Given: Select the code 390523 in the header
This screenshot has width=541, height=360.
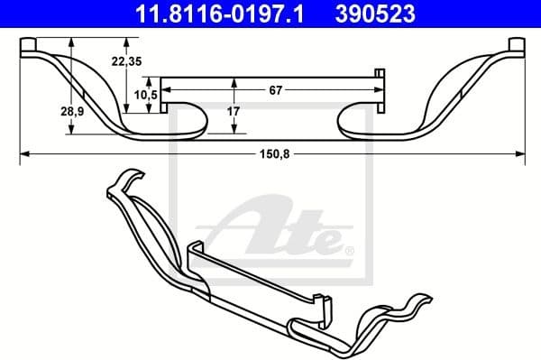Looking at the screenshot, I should click(378, 14).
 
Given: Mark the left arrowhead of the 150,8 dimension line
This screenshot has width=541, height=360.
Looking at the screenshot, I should click(24, 154).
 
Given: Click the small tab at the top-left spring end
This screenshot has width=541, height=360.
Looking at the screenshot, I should click(28, 44).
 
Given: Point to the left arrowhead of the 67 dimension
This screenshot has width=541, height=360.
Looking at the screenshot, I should click(169, 90).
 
